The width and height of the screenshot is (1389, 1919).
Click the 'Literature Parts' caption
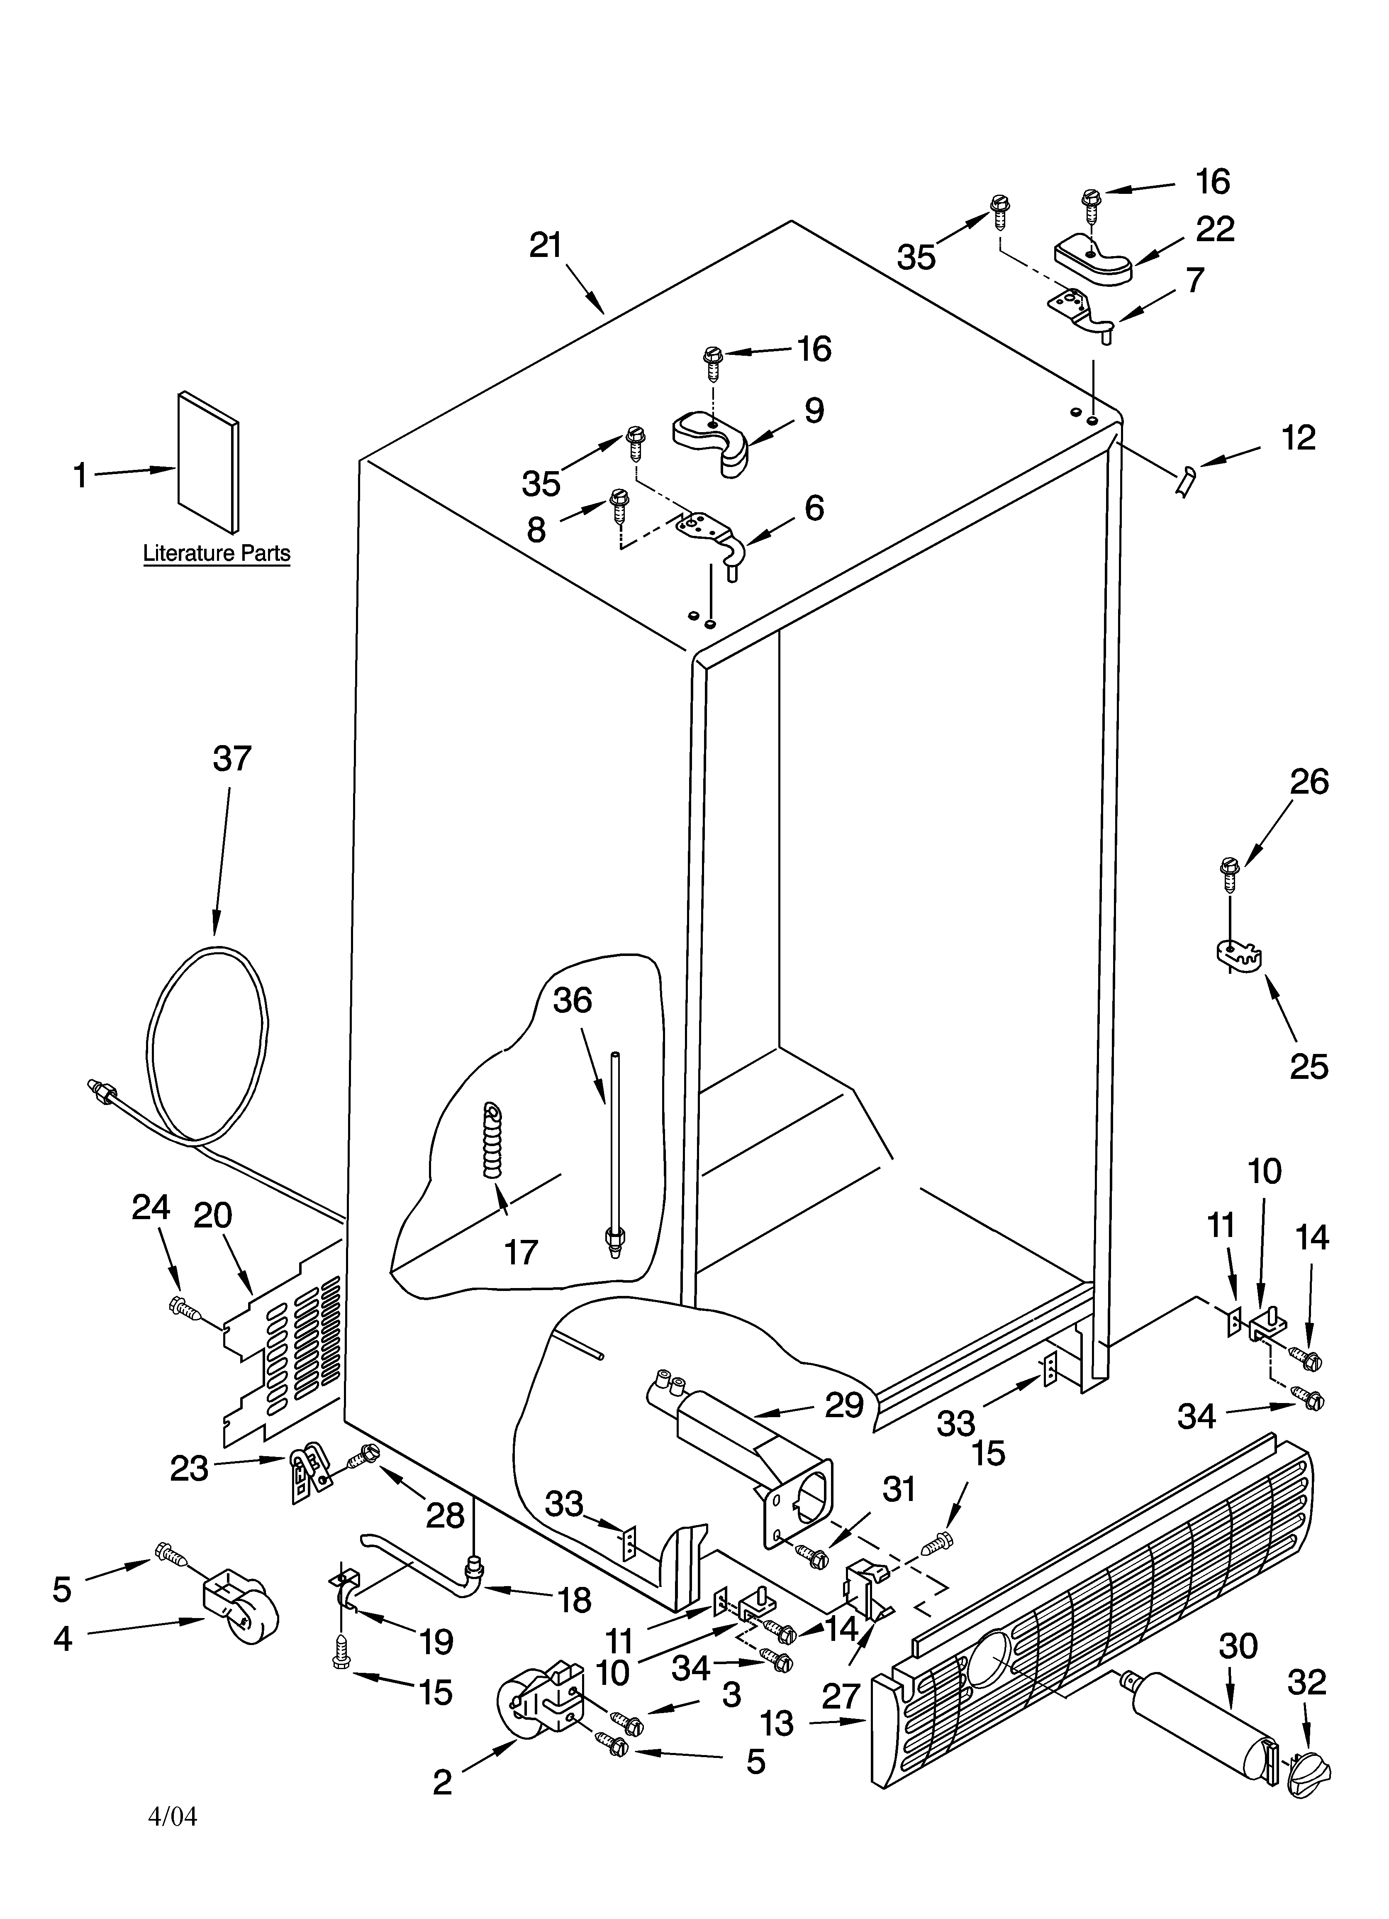coord(217,553)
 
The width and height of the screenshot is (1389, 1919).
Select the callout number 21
coord(546,245)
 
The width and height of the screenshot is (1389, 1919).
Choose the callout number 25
coord(1309,1066)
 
